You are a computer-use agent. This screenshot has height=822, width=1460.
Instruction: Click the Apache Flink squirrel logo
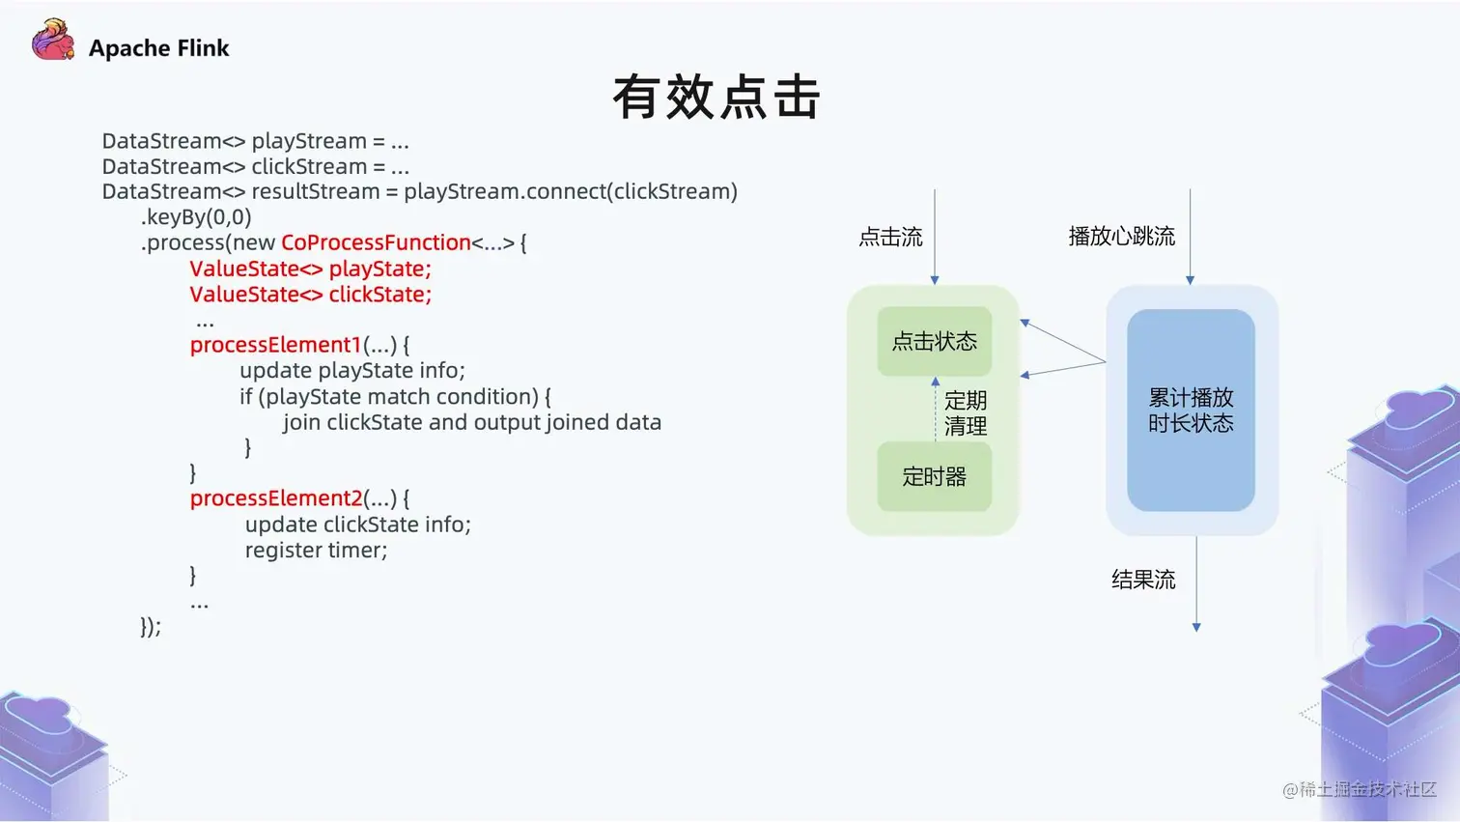pos(53,41)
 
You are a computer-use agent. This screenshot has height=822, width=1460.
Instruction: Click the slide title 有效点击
pos(716,97)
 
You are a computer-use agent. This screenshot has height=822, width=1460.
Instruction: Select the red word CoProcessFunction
pos(376,242)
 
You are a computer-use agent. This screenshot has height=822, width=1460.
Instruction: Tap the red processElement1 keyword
pos(275,345)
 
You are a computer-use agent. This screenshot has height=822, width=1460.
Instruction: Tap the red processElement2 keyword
pos(275,498)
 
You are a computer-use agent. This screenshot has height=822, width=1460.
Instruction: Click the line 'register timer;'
pos(316,551)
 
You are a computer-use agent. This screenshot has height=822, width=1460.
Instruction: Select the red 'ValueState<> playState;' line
pos(310,269)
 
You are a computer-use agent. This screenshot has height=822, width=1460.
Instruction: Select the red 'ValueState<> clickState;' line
pos(310,295)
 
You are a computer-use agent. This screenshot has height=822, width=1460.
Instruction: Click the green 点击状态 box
pos(934,341)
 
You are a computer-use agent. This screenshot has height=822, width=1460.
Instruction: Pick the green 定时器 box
pos(934,476)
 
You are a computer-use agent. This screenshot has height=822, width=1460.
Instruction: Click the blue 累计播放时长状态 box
pos(1191,410)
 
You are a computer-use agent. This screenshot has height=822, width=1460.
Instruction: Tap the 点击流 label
pos(890,237)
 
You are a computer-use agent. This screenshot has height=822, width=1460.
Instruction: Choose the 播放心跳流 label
pos(1121,237)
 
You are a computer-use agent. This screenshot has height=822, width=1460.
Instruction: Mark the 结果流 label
pos(1143,580)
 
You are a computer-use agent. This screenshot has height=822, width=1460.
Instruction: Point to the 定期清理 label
pos(966,413)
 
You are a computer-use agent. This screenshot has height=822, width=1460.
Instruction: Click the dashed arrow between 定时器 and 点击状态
pos(935,410)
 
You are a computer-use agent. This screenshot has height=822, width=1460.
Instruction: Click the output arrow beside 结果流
pos(1196,584)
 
